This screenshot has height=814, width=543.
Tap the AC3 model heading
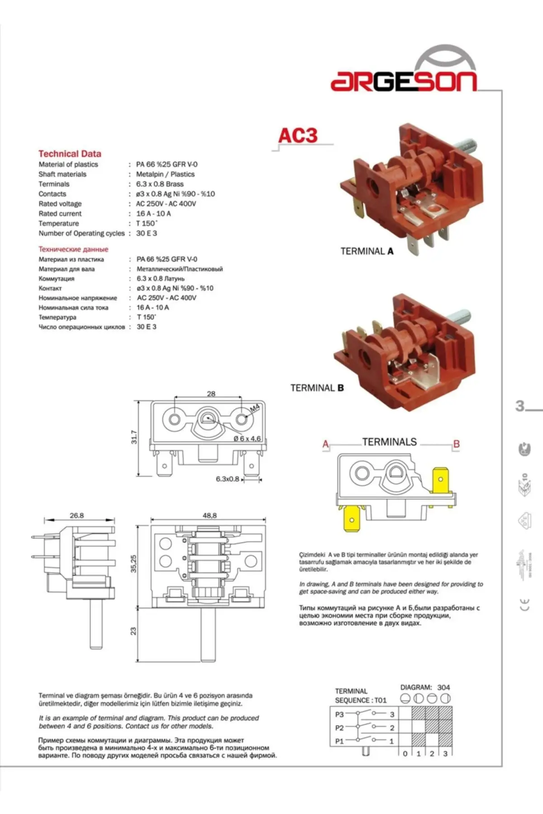point(297,136)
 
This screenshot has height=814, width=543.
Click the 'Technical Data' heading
point(70,154)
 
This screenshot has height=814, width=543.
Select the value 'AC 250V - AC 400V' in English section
point(166,204)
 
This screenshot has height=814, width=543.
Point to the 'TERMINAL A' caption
point(367,251)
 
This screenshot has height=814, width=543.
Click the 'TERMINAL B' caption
point(317,388)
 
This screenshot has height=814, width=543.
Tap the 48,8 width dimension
point(210,516)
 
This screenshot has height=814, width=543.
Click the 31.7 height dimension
point(134,437)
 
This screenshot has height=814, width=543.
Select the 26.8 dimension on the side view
point(77,516)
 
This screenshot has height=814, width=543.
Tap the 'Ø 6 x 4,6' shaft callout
point(247,439)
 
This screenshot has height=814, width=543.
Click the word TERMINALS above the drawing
point(389,442)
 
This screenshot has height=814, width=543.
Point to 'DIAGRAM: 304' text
point(425,687)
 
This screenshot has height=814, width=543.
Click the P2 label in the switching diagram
point(339,728)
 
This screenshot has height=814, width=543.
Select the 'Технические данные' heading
point(73,249)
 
